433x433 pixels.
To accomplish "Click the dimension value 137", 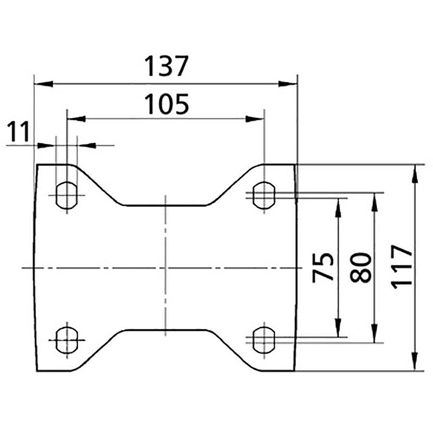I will [x=166, y=67].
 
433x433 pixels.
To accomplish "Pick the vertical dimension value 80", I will [x=361, y=267].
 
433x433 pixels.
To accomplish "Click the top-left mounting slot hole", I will [x=66, y=195].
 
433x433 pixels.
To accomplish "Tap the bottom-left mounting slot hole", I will [x=66, y=340].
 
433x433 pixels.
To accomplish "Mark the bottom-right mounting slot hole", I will [x=264, y=340].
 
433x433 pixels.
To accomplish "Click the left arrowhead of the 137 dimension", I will [x=42, y=84].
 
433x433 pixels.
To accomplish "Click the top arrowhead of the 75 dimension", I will [x=339, y=205].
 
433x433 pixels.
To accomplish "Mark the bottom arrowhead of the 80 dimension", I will [x=374, y=334].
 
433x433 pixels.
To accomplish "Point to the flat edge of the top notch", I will [x=166, y=205].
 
